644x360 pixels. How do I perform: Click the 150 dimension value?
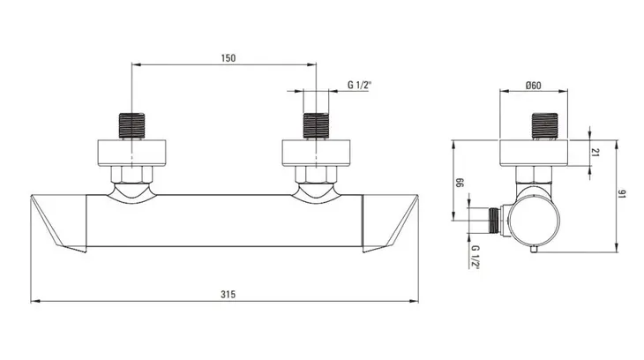coord(228,58)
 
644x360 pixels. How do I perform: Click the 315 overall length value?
coord(228,294)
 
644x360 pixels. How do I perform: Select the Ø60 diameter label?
coord(533,85)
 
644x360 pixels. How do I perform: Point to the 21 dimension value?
coord(595,152)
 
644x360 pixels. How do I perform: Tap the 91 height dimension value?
coord(621,193)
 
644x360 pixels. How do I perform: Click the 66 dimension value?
coord(460,183)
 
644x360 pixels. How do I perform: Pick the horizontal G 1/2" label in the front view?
coord(359,85)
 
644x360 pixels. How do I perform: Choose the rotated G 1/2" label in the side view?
coord(476,257)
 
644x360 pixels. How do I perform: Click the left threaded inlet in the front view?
coord(131,125)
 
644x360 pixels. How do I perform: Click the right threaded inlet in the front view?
coord(316,125)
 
